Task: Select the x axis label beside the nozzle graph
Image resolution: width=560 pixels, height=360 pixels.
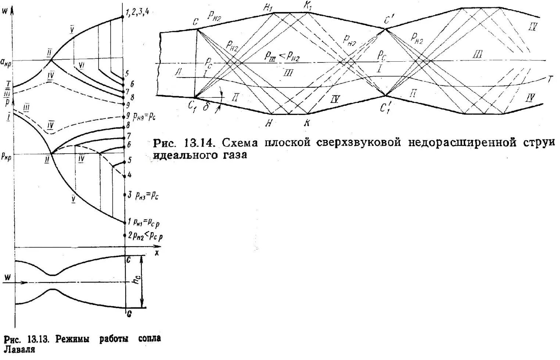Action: point(157,252)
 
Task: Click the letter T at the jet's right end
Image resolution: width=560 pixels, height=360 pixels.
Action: point(550,79)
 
